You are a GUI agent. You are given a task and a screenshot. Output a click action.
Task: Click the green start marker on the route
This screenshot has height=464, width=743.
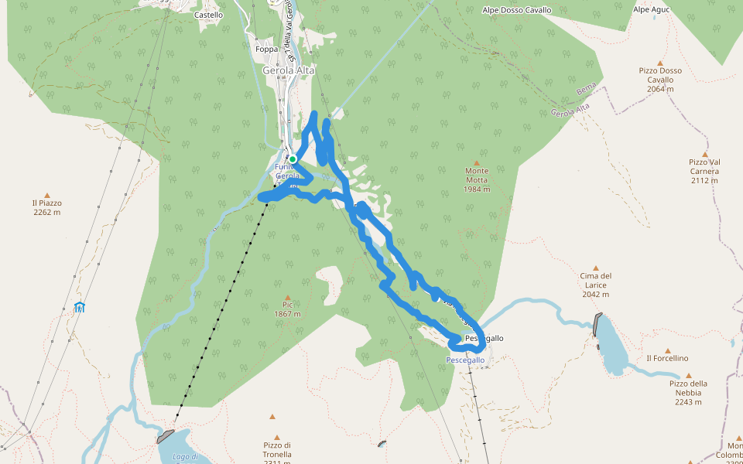click(x=293, y=159)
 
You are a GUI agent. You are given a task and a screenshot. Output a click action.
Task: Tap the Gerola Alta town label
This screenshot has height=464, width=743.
click(x=289, y=70)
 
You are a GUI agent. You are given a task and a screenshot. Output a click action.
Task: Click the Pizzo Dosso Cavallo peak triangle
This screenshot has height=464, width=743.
click(x=660, y=63)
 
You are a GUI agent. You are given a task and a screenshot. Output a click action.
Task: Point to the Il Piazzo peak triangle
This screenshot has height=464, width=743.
click(x=47, y=196)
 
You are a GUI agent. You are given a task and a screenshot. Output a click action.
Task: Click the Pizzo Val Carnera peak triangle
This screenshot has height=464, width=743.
click(x=704, y=155)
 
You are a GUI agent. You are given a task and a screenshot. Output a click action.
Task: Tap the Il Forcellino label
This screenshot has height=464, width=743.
click(x=666, y=358)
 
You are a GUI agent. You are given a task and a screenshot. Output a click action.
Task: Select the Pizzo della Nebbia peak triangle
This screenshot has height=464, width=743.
click(x=688, y=376)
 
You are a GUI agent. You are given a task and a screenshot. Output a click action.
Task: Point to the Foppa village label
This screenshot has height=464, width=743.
click(x=265, y=49)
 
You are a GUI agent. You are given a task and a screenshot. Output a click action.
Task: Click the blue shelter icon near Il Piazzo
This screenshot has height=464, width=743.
click(x=79, y=307)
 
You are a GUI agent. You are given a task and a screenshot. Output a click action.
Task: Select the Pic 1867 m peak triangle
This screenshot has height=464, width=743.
click(x=287, y=298)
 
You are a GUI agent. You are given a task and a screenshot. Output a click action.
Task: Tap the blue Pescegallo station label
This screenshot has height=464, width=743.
click(x=465, y=360)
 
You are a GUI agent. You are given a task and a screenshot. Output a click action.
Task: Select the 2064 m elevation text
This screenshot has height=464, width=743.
click(x=660, y=89)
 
